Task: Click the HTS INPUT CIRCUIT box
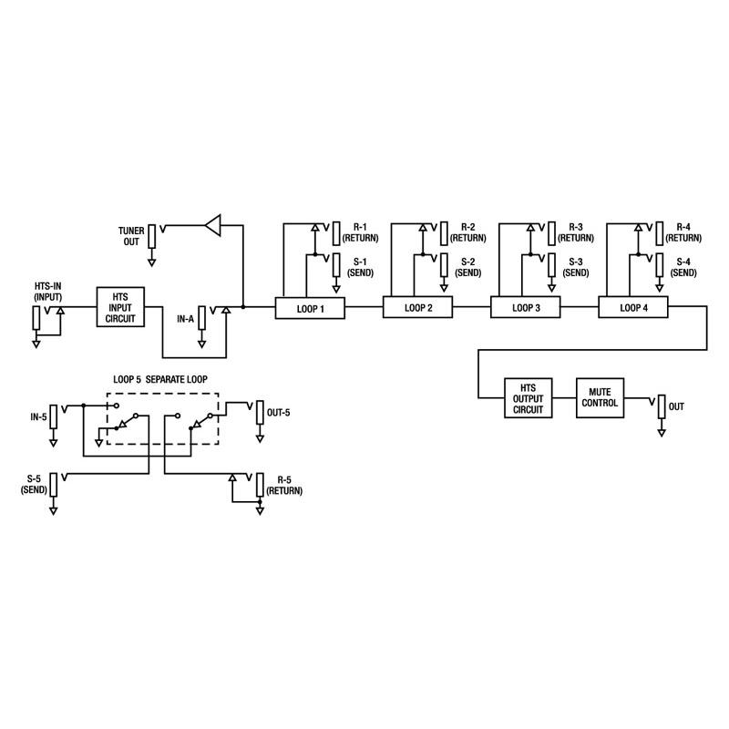pos(120,307)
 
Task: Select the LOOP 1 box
pos(311,308)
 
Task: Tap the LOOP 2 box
pos(418,308)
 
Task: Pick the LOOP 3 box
pos(526,308)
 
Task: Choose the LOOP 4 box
pos(633,308)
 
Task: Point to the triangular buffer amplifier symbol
pos(213,224)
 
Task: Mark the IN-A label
pos(185,320)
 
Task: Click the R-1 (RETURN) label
pos(359,232)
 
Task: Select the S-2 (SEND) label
pos(467,267)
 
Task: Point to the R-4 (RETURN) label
pos(683,232)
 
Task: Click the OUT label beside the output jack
pos(676,406)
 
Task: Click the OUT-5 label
pos(279,413)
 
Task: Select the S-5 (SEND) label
pos(35,484)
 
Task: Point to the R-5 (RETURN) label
pos(285,484)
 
